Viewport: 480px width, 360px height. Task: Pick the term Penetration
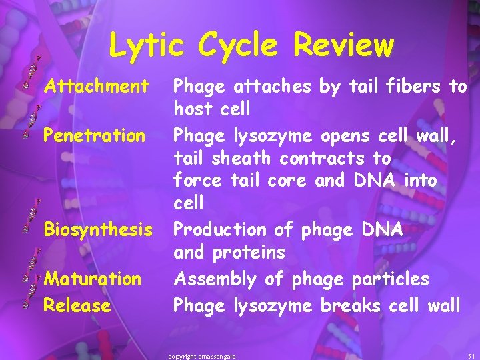point(94,135)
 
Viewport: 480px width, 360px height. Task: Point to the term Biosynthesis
point(98,229)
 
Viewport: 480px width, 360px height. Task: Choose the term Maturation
point(93,278)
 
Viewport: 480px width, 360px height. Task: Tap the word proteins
point(249,253)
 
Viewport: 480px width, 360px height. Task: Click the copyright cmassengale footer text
point(202,357)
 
